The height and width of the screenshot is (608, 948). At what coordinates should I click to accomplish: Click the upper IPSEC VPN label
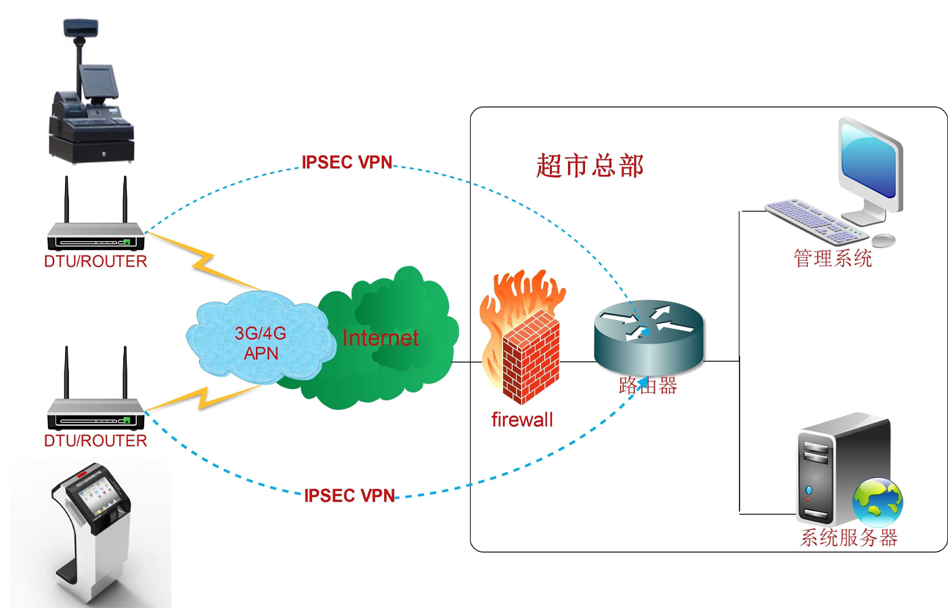(347, 163)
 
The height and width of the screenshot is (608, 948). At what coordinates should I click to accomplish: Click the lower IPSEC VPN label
(349, 495)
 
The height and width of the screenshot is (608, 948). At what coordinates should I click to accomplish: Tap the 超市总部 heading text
(590, 166)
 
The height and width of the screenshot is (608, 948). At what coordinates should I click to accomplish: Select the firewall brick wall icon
(530, 356)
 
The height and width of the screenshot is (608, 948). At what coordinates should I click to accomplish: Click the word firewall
(522, 420)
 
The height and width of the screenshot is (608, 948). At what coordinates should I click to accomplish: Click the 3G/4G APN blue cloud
(261, 339)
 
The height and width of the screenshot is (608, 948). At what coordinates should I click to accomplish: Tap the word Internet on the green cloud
(381, 338)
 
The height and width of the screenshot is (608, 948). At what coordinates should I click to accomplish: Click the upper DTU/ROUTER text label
(95, 262)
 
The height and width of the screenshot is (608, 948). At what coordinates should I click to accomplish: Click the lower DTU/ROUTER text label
(95, 441)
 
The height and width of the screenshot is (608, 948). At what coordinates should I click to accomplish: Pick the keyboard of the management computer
(815, 221)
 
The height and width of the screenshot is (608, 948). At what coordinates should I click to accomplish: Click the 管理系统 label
(833, 258)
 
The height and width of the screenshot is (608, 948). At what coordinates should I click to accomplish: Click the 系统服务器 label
(849, 538)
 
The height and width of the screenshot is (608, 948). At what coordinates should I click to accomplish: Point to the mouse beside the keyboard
(884, 240)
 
